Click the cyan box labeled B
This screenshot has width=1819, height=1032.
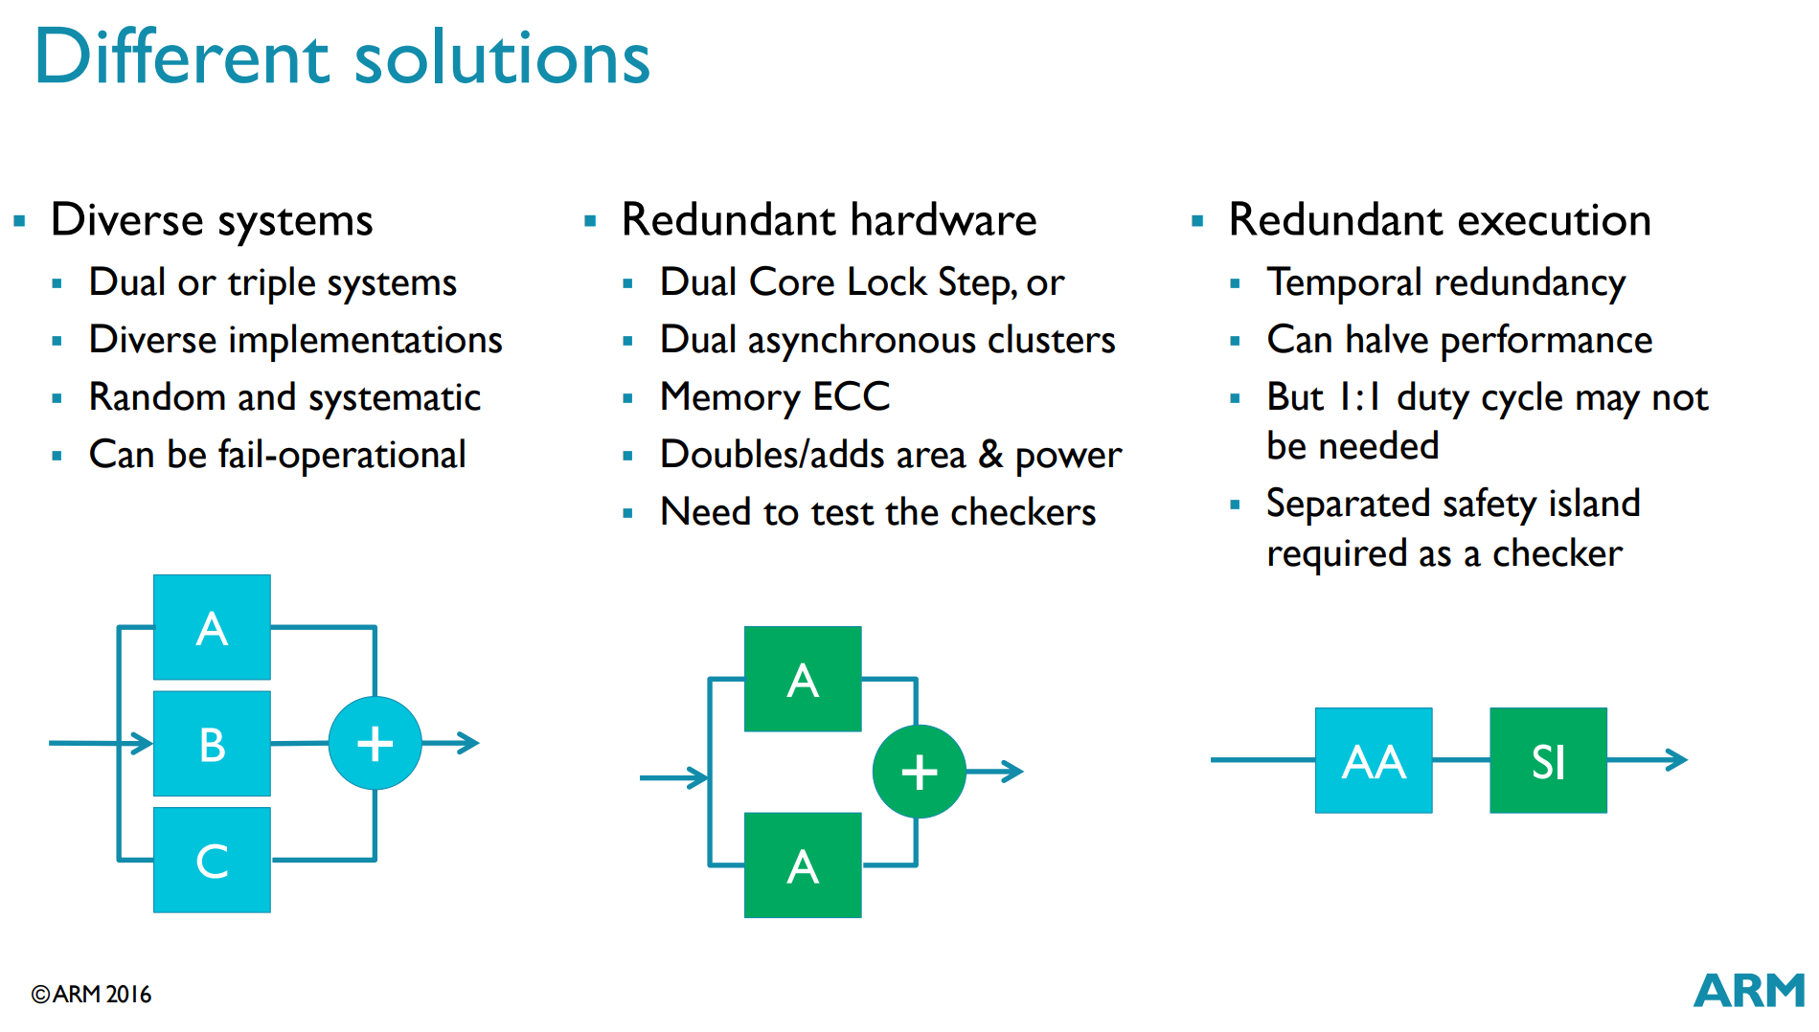tap(212, 743)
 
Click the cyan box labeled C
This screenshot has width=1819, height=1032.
tap(212, 860)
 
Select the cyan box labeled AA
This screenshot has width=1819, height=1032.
tap(1374, 760)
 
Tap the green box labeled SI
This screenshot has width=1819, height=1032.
tap(1548, 760)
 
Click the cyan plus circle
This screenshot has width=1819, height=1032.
tap(375, 743)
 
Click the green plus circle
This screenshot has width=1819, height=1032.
tap(919, 772)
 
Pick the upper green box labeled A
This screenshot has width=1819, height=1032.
tap(803, 679)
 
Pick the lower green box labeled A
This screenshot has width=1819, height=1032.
tap(803, 865)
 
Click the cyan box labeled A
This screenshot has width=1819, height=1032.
tap(212, 627)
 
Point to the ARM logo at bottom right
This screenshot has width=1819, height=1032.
tap(1749, 991)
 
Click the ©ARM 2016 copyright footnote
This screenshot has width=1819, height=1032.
tap(91, 995)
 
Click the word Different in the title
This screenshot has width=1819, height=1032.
tap(182, 56)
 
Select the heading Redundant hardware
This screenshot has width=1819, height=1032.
tap(829, 220)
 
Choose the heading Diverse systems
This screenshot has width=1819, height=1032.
tap(212, 221)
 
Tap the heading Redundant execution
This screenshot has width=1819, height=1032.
tap(1440, 220)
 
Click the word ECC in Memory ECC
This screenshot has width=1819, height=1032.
tap(852, 396)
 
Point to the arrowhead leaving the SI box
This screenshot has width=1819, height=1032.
tap(1676, 760)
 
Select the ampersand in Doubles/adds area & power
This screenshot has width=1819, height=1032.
tap(990, 455)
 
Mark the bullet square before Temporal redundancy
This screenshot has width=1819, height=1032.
tap(1235, 283)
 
